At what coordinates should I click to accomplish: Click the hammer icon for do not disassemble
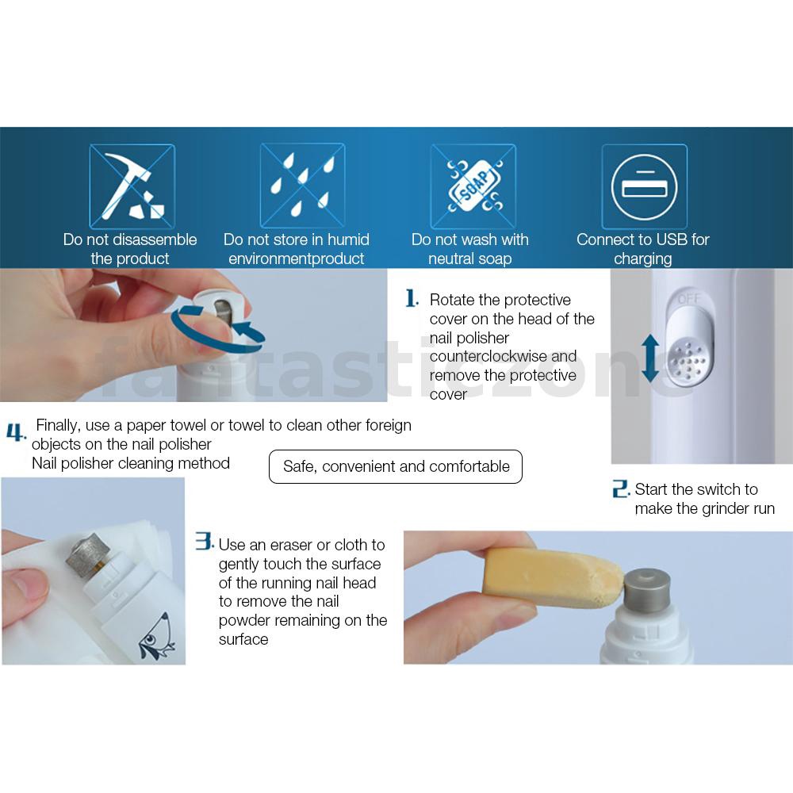pyautogui.click(x=132, y=186)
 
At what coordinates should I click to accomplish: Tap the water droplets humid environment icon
pyautogui.click(x=302, y=186)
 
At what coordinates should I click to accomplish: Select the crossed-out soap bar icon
pyautogui.click(x=473, y=186)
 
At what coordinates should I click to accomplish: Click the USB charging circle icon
pyautogui.click(x=644, y=187)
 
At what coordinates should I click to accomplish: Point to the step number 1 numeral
pyautogui.click(x=411, y=298)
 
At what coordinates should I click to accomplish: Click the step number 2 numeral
pyautogui.click(x=620, y=488)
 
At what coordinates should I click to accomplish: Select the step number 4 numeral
pyautogui.click(x=15, y=432)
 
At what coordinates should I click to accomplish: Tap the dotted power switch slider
pyautogui.click(x=688, y=345)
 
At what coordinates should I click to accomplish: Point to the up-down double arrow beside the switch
pyautogui.click(x=650, y=358)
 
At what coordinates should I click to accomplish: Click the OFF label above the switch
pyautogui.click(x=689, y=300)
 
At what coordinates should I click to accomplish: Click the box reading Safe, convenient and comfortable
pyautogui.click(x=396, y=466)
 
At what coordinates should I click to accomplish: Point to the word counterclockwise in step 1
pyautogui.click(x=488, y=356)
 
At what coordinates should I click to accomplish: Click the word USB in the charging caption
pyautogui.click(x=680, y=239)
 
